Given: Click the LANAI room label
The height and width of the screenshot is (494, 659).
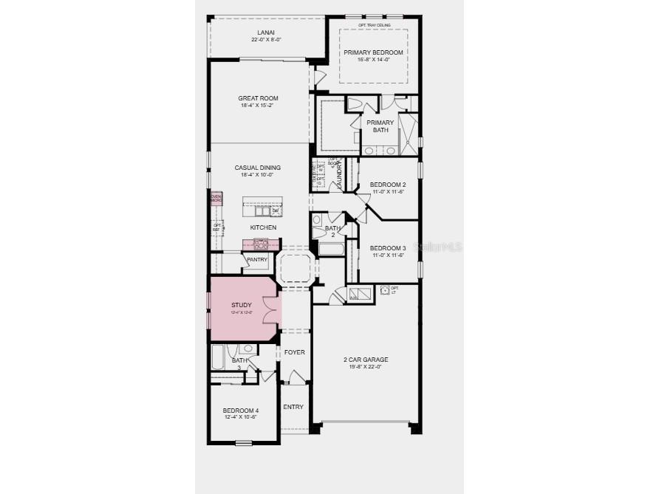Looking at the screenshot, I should click(267, 32).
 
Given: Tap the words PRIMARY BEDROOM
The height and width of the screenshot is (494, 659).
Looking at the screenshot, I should click(373, 52).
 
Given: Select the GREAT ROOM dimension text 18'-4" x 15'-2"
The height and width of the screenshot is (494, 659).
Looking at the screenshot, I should click(258, 106).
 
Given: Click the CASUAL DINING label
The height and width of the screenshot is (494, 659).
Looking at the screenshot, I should click(258, 168).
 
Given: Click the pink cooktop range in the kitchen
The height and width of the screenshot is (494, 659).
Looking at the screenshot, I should click(260, 243).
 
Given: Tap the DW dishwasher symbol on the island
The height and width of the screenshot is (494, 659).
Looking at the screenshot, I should click(275, 210).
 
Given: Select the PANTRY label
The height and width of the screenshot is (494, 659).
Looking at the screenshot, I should click(257, 259).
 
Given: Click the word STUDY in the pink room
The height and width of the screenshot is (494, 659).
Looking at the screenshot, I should click(241, 305).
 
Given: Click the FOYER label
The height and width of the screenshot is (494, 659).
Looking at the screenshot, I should click(295, 352).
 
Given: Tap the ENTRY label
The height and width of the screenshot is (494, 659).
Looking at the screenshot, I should click(293, 407).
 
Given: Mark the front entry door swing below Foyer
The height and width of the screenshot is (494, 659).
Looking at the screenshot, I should click(295, 378).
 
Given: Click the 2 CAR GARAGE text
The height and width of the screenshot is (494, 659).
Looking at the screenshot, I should click(366, 360).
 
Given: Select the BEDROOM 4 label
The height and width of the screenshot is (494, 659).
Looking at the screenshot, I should click(241, 411).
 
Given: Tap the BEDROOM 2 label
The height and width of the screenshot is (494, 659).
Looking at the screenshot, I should click(388, 185).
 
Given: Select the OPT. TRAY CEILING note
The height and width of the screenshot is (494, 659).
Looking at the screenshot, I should click(374, 25).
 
